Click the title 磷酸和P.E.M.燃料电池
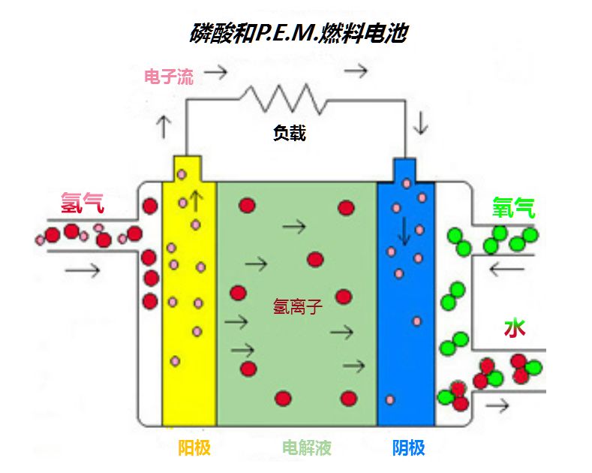(x=296, y=32)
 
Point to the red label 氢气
(x=83, y=202)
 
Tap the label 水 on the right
(x=514, y=328)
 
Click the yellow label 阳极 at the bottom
(x=194, y=448)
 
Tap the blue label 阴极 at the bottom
(x=408, y=448)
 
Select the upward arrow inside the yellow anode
(x=197, y=200)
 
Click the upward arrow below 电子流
(x=164, y=127)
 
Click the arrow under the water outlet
(x=497, y=406)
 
